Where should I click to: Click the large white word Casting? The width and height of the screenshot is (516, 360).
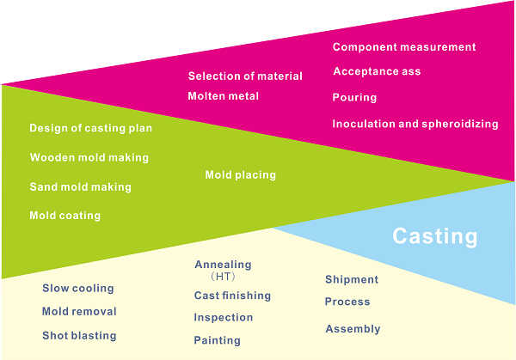click(x=434, y=236)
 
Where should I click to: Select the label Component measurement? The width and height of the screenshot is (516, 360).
click(x=404, y=47)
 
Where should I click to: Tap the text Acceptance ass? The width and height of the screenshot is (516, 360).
click(x=377, y=71)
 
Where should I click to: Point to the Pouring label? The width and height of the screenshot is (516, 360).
click(x=354, y=97)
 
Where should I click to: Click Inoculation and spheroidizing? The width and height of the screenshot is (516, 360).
click(x=415, y=124)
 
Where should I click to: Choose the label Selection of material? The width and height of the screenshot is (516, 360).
click(x=245, y=76)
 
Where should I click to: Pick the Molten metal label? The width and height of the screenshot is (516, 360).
click(x=223, y=96)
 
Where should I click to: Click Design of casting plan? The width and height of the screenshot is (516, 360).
click(x=91, y=128)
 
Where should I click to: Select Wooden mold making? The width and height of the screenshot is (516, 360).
click(x=89, y=157)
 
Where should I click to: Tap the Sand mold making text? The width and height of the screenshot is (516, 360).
click(x=80, y=186)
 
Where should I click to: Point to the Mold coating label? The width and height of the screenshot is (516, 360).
click(x=64, y=216)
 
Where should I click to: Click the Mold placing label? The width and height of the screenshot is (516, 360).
click(x=240, y=174)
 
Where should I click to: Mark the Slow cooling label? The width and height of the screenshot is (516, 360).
click(x=78, y=289)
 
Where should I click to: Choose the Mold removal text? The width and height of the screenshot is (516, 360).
click(x=79, y=311)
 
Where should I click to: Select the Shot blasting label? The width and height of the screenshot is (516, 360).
click(x=79, y=335)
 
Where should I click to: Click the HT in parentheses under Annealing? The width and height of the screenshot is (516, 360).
click(x=223, y=277)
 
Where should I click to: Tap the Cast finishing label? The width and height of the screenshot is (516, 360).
click(x=232, y=296)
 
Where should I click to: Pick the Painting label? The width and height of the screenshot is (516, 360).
click(x=218, y=340)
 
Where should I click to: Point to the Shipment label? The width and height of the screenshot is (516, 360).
click(x=352, y=279)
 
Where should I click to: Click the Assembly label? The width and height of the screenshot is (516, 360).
click(x=353, y=329)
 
